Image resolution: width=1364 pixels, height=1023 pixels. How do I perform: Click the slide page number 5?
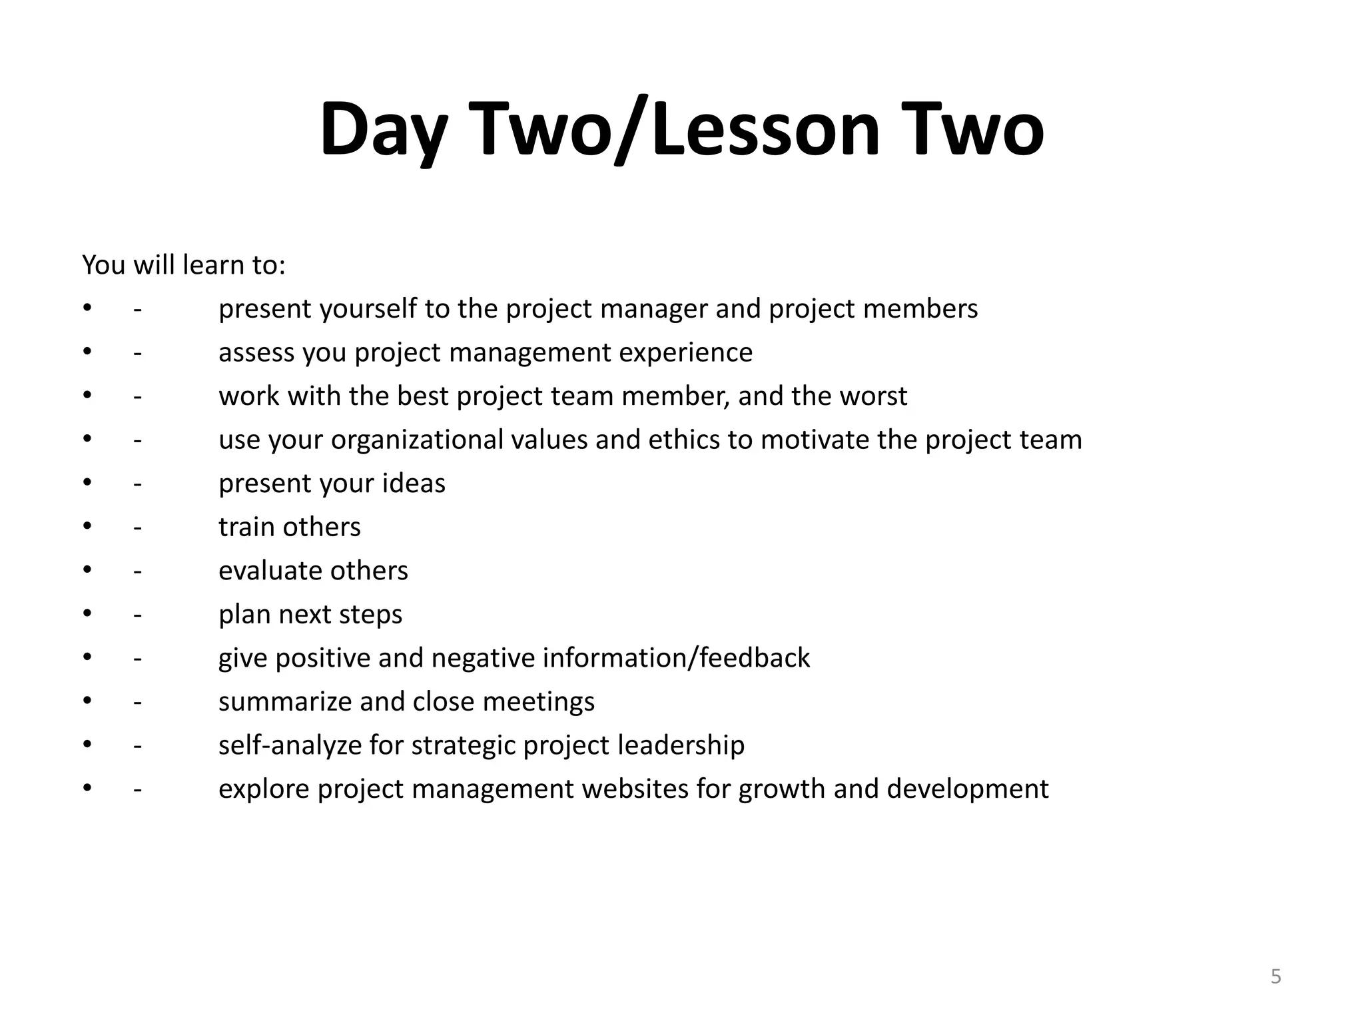point(1275,976)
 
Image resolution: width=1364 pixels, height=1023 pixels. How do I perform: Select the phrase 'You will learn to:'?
point(184,265)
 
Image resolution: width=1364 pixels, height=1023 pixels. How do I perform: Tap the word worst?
point(873,396)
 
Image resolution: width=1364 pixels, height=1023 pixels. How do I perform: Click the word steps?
point(372,614)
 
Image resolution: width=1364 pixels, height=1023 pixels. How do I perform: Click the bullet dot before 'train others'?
point(87,527)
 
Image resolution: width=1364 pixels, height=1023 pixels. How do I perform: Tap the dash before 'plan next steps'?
point(137,615)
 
